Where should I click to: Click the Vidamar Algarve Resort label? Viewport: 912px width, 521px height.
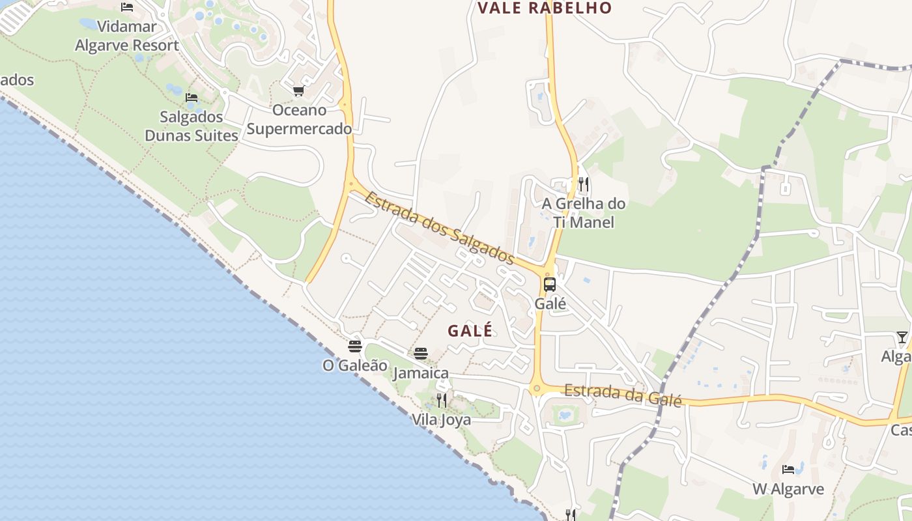pyautogui.click(x=126, y=36)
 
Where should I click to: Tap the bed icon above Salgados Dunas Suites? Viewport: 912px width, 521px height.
pyautogui.click(x=192, y=98)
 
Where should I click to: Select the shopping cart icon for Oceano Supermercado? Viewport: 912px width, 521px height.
pyautogui.click(x=298, y=91)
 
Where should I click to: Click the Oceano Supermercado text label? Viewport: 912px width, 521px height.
pyautogui.click(x=299, y=119)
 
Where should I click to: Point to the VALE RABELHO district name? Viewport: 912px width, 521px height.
pyautogui.click(x=545, y=8)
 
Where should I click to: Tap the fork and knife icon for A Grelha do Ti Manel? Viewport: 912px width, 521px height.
pyautogui.click(x=584, y=184)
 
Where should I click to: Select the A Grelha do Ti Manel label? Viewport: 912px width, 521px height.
pyautogui.click(x=584, y=213)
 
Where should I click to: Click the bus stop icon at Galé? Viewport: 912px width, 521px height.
pyautogui.click(x=550, y=285)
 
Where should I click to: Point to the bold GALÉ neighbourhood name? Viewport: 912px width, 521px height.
pyautogui.click(x=470, y=331)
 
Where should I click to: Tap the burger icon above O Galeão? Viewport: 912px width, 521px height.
pyautogui.click(x=355, y=346)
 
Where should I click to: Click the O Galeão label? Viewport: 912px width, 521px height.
pyautogui.click(x=355, y=366)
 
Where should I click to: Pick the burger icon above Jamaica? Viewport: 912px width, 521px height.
pyautogui.click(x=421, y=354)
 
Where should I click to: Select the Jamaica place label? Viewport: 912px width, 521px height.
pyautogui.click(x=421, y=373)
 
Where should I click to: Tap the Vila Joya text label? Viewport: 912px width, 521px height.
pyautogui.click(x=441, y=420)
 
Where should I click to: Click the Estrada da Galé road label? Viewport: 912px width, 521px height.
pyautogui.click(x=623, y=395)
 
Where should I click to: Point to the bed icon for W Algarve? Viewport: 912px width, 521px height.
pyautogui.click(x=788, y=469)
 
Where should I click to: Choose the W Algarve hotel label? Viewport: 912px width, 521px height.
pyautogui.click(x=788, y=489)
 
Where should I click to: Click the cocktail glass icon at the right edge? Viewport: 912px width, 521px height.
pyautogui.click(x=902, y=337)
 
